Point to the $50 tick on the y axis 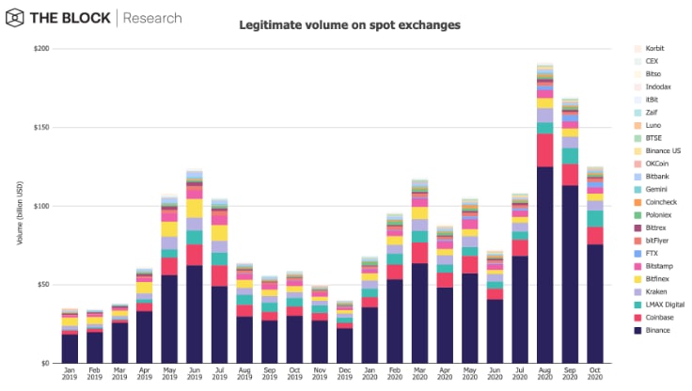coord(41,284)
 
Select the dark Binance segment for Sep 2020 coord(570,274)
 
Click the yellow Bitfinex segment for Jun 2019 coord(194,208)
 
